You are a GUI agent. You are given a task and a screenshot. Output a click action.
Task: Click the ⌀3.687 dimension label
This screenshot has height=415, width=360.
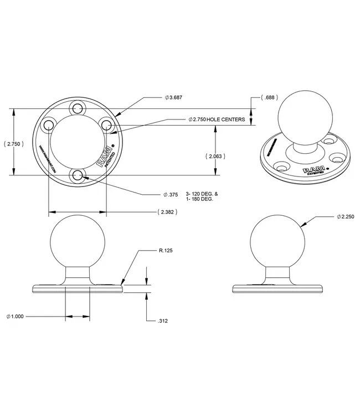[173, 97]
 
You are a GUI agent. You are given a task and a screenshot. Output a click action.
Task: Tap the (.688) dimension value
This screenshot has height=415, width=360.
[269, 98]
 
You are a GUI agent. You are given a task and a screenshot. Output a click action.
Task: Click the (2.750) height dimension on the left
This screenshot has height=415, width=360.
[13, 144]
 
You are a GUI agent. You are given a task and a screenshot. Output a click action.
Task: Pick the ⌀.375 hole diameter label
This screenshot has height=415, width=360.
[171, 194]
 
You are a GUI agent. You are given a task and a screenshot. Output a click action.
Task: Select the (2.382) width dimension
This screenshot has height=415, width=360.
[167, 212]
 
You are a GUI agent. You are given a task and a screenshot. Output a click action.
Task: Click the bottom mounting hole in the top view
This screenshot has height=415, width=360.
[78, 176]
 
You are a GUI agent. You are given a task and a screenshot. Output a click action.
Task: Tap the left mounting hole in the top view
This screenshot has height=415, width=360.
[48, 124]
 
